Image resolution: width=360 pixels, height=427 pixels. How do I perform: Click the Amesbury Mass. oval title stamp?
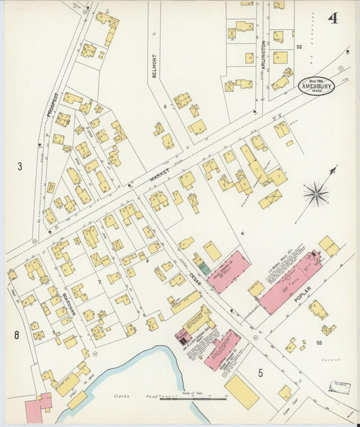(x=317, y=86)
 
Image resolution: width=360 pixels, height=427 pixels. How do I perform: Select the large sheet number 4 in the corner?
(x=332, y=18)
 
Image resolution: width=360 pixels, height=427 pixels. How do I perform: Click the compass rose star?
(x=315, y=195)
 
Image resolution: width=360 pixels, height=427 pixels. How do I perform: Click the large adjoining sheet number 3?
(x=20, y=166)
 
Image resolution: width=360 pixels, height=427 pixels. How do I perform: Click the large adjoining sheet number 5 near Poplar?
(x=260, y=371)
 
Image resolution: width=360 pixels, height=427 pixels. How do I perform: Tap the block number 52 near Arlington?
(x=299, y=47)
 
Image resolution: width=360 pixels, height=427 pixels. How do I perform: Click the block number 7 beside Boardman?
(x=99, y=280)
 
